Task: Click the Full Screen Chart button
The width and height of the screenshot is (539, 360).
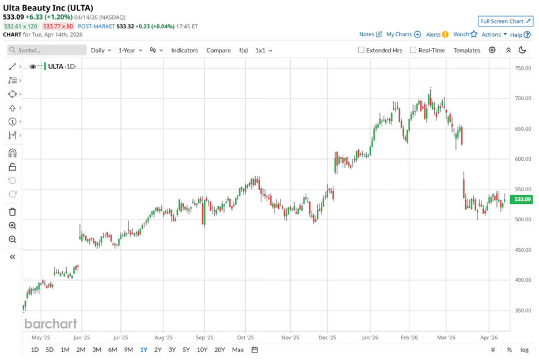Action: tap(505, 21)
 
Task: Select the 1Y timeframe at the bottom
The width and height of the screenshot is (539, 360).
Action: tap(143, 350)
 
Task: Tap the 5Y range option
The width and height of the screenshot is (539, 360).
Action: tap(186, 350)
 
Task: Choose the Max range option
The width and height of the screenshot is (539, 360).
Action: tap(237, 350)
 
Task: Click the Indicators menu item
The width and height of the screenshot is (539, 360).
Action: tap(184, 50)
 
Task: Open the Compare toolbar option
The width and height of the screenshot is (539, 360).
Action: tap(218, 50)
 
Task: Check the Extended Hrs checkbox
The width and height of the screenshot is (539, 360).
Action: tap(361, 50)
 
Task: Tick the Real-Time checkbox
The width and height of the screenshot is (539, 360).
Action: tap(413, 50)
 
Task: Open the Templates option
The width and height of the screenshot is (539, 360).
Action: tap(466, 50)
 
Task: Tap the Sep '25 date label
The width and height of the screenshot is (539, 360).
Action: tap(204, 338)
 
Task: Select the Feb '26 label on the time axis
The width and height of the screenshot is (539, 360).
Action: tap(408, 338)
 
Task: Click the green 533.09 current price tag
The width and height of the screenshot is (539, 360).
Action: tap(523, 199)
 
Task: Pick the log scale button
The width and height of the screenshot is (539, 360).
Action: tap(524, 350)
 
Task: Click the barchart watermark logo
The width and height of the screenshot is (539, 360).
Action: tap(51, 323)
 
